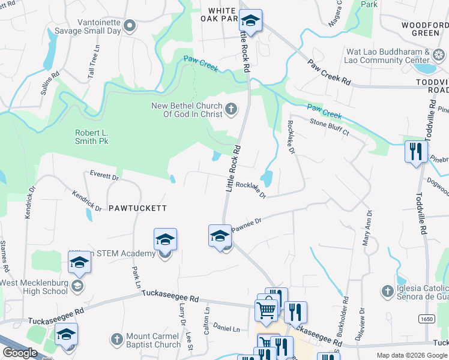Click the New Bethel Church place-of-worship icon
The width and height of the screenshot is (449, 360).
point(231,109)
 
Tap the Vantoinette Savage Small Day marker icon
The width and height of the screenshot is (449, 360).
point(130,26)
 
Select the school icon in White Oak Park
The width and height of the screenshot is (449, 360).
point(250,22)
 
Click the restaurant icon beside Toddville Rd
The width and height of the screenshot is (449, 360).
point(415,152)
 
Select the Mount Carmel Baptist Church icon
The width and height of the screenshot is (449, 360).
point(117,339)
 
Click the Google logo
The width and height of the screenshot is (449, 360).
point(20,353)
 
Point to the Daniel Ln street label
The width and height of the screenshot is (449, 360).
point(226,329)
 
